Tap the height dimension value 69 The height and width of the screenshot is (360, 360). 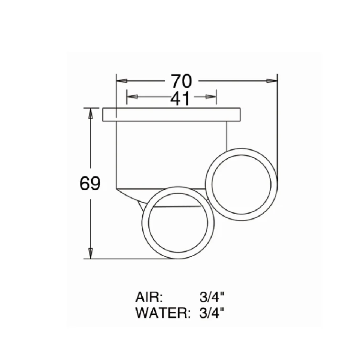(90, 184)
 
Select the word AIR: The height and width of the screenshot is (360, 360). (149, 297)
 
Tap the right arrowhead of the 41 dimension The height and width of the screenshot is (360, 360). (212, 97)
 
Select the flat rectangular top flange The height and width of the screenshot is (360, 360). (171, 115)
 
